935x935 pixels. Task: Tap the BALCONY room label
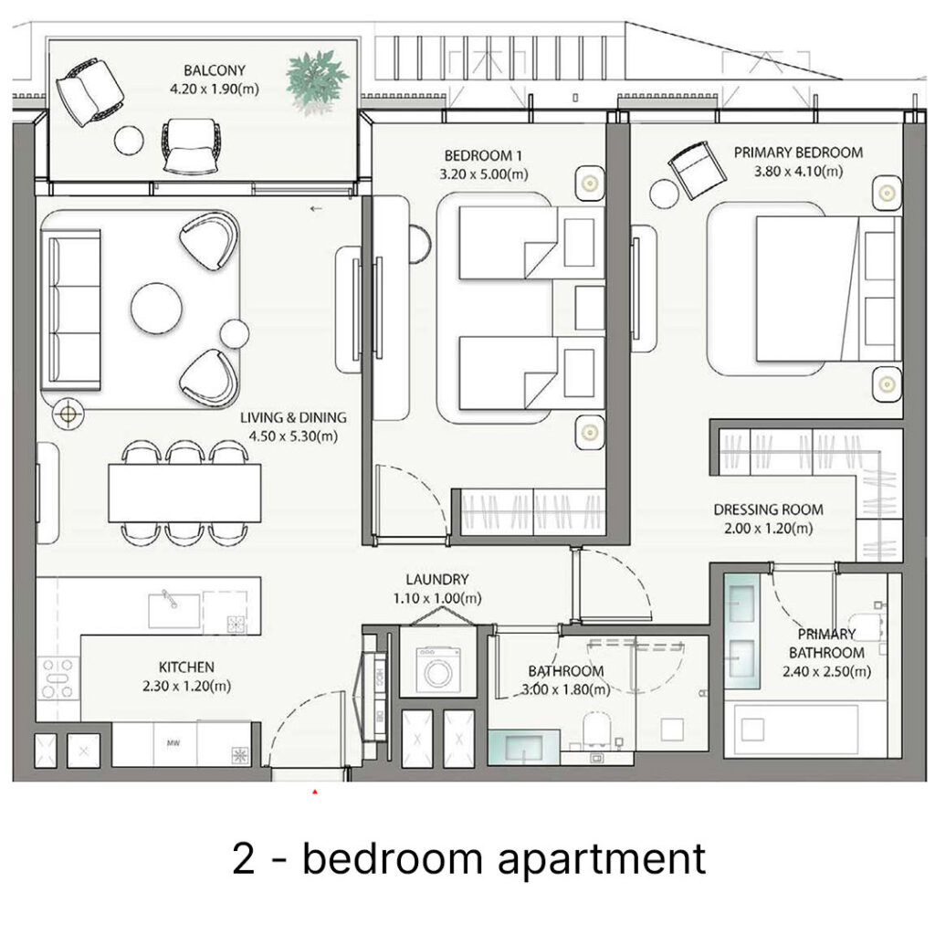coord(215,70)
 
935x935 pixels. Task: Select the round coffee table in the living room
coord(157,309)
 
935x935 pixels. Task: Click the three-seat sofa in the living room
coord(70,309)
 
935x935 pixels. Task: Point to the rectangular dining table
coord(184,492)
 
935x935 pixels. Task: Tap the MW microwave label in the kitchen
coord(173,743)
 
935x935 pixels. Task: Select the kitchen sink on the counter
coord(174,609)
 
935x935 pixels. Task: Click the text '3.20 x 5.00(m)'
coord(484,174)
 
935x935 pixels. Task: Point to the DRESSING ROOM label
coord(768,510)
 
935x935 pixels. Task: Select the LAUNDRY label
coord(437,579)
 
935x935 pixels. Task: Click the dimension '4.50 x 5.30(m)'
coord(293,436)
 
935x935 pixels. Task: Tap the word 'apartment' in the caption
coord(601,859)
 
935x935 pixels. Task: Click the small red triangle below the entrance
coord(315,793)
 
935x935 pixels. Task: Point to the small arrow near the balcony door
coord(317,209)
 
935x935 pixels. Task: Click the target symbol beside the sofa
coord(68,413)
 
